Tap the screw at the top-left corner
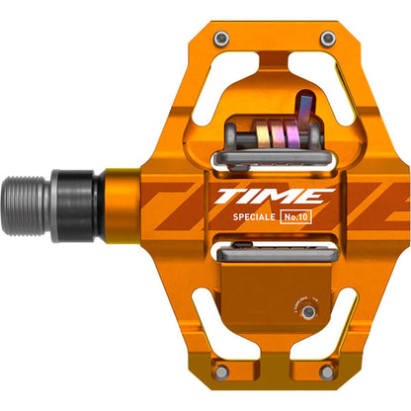coord(222,38)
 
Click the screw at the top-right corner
coord(326,38)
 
